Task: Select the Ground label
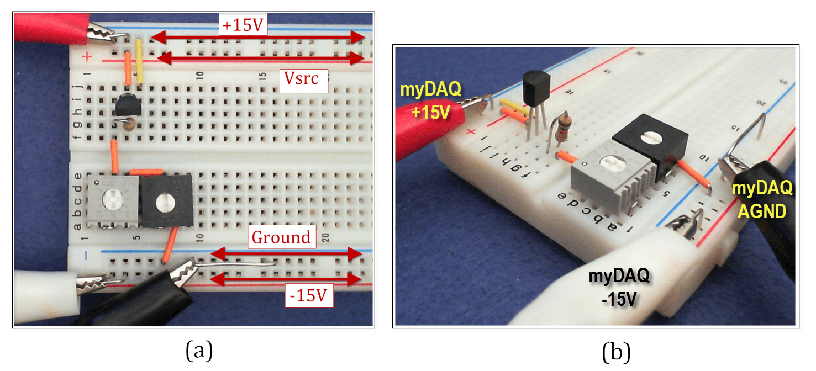(x=281, y=237)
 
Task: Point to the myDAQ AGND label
(x=762, y=199)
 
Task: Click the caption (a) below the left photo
(x=197, y=351)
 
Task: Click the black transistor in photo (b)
(x=535, y=89)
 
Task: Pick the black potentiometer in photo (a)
(x=165, y=202)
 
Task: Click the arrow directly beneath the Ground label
(x=286, y=254)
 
